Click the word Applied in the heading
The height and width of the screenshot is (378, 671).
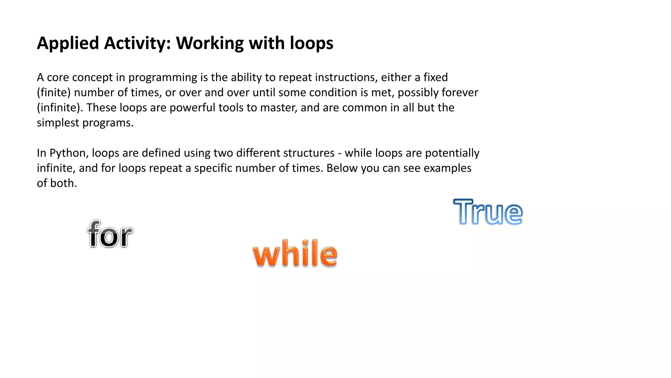tap(68, 43)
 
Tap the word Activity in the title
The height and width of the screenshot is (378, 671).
tap(137, 43)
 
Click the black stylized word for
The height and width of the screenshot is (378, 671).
tap(110, 234)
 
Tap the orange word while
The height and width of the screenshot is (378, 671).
tap(295, 253)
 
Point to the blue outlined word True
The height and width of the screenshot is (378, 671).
tap(488, 212)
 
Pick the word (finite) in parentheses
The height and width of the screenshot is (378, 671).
tap(54, 93)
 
